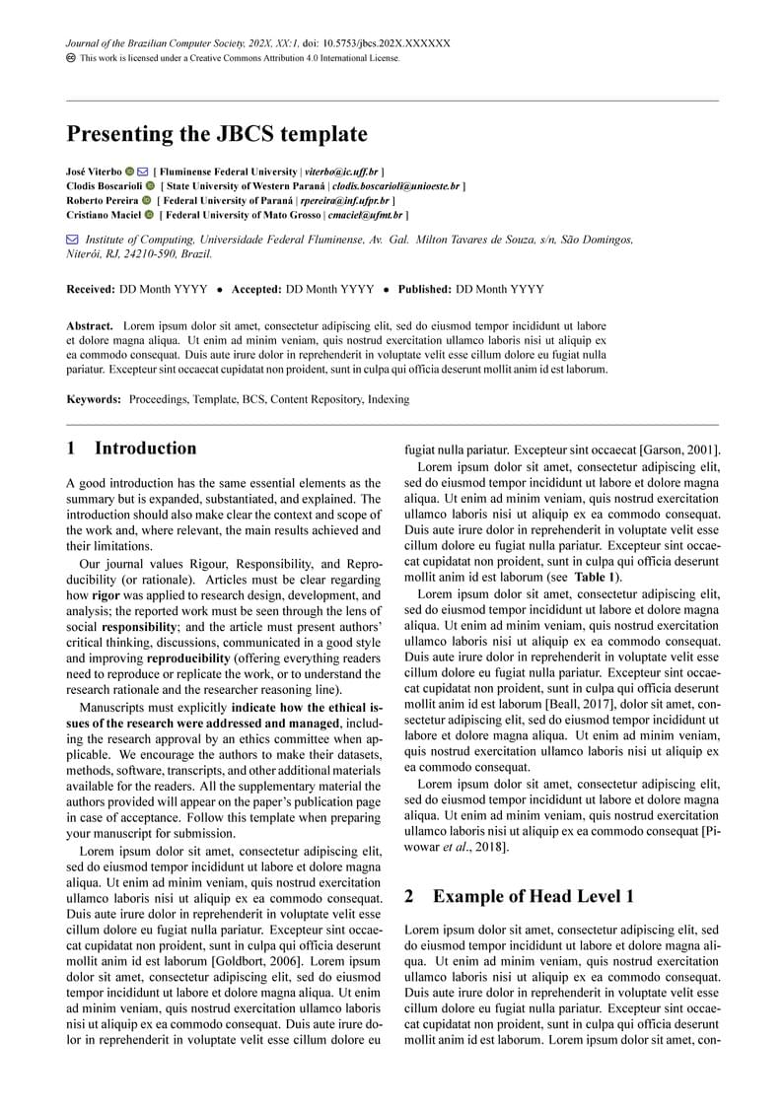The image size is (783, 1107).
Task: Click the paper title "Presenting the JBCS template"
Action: [216, 134]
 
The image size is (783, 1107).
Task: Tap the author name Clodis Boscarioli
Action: [104, 185]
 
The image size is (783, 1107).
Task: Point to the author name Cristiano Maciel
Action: [103, 214]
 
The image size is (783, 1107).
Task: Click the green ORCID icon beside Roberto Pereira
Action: [147, 200]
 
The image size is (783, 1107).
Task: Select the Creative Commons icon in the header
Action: [71, 58]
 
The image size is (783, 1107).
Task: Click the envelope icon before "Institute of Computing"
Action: [72, 240]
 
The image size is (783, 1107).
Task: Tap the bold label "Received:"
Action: [91, 290]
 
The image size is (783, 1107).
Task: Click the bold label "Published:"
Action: [424, 290]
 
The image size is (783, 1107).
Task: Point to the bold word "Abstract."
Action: [90, 325]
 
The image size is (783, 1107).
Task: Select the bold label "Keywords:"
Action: [94, 399]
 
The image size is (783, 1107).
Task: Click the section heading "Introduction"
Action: [145, 449]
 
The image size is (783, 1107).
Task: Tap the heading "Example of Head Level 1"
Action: [533, 896]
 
